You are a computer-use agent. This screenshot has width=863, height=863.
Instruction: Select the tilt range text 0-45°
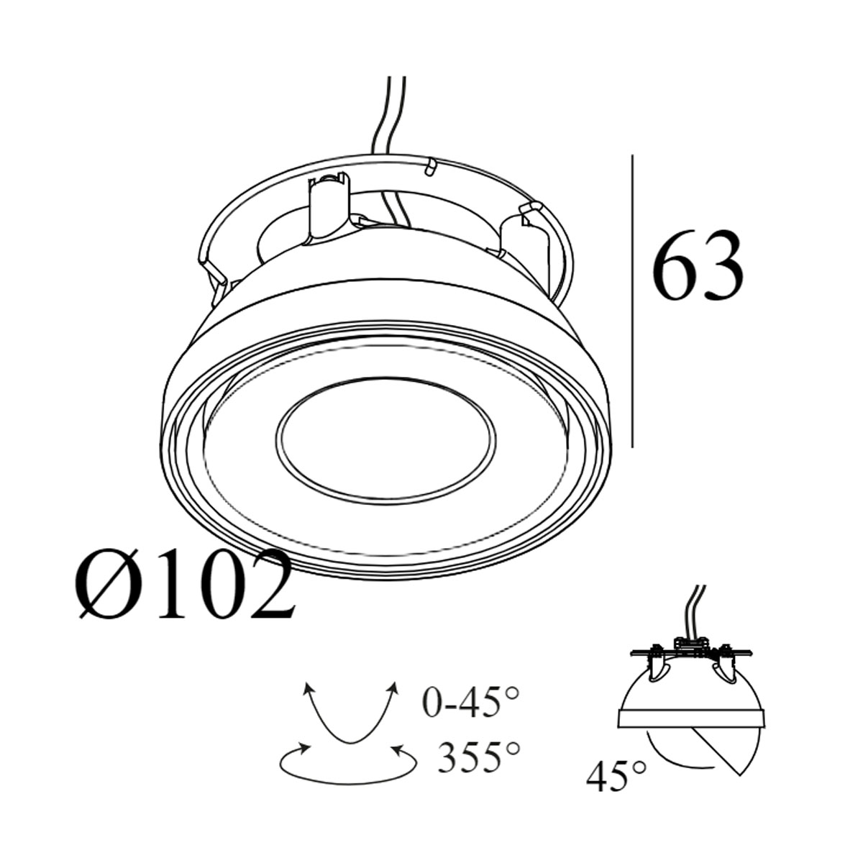click(x=470, y=703)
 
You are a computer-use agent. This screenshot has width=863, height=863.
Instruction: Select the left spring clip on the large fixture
click(x=216, y=277)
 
